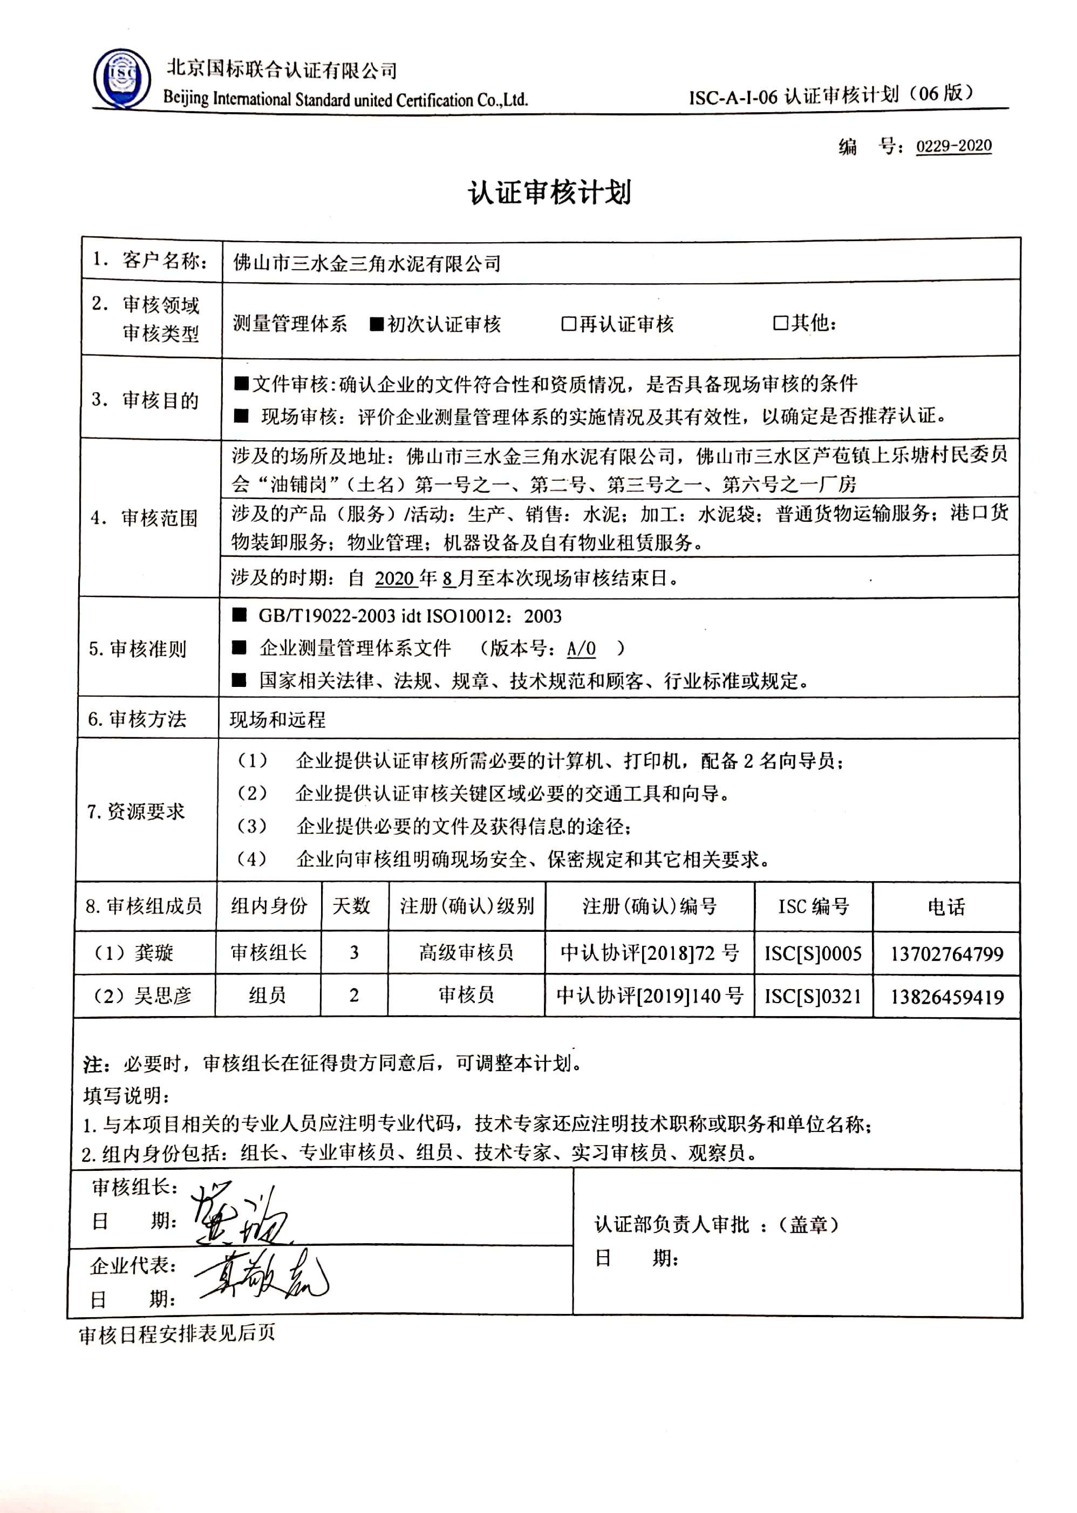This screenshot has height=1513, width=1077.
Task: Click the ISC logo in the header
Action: coord(122,78)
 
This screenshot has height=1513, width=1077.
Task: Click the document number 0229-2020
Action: coord(953,146)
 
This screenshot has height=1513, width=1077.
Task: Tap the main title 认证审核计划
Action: coord(550,192)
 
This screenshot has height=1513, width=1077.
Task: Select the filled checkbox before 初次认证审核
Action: coord(377,324)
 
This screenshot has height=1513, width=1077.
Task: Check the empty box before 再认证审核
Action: coord(568,324)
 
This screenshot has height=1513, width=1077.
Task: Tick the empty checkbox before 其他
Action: coord(781,323)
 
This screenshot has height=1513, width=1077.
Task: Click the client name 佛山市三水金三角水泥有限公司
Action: coord(367,263)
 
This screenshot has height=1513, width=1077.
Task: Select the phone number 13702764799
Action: coord(946,953)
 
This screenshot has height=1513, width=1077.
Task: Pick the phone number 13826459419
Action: coord(946,997)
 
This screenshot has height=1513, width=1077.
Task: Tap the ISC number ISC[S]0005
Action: coord(813,953)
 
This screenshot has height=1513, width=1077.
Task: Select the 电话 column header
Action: coord(946,907)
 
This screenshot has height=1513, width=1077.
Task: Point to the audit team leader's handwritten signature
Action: coord(238,1211)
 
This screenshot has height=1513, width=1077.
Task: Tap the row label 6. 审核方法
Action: coord(137,719)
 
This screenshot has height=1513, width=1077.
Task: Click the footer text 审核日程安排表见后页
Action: coord(176,1333)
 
